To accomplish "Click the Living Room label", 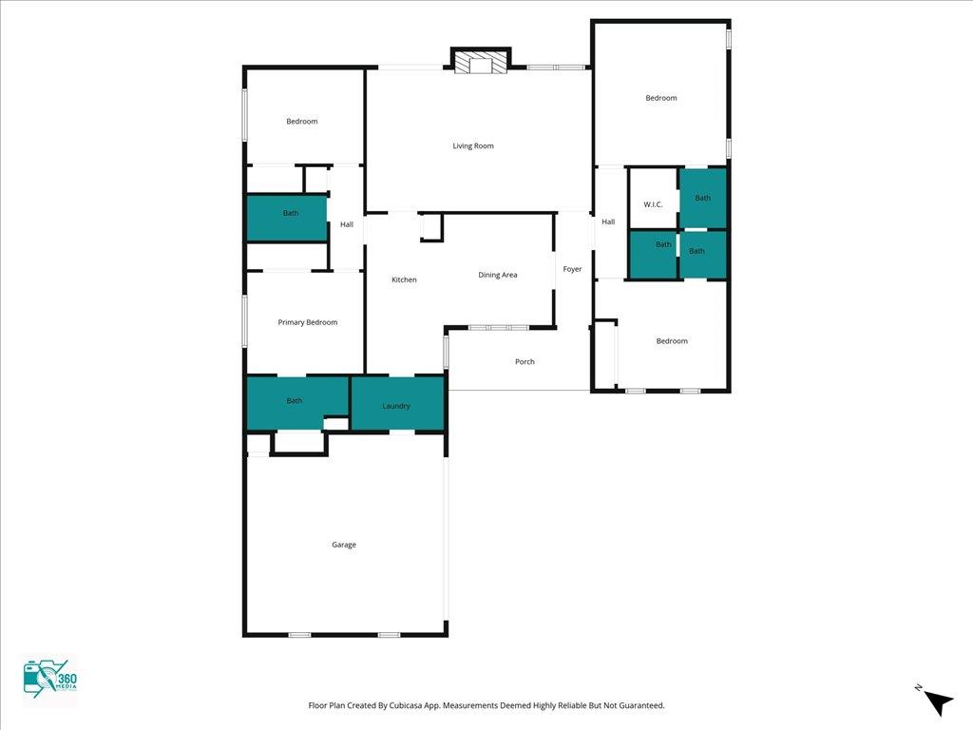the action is [x=473, y=145].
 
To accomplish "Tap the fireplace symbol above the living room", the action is [x=480, y=61].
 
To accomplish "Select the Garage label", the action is [x=344, y=545].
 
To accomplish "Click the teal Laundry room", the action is [x=398, y=403].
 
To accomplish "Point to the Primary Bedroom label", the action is [x=308, y=322].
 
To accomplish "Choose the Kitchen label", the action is [x=404, y=279].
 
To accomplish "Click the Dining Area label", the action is [x=498, y=275].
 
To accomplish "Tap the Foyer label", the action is [x=572, y=269].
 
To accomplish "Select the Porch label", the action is [x=525, y=361].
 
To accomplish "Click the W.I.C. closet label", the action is [x=653, y=204].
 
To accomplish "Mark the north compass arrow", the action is [x=938, y=702].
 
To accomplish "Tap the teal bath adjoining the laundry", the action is [x=297, y=402].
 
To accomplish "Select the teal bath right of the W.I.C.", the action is [x=702, y=198].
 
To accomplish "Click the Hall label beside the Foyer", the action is [x=608, y=221].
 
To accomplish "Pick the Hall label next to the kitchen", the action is [x=347, y=224].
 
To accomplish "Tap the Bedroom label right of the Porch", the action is [x=672, y=341].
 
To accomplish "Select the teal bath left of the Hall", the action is [x=287, y=218].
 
